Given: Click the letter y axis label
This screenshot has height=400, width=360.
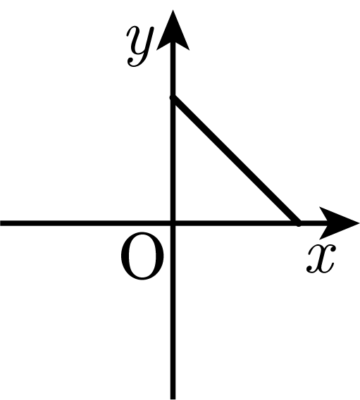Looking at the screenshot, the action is pos(139,46).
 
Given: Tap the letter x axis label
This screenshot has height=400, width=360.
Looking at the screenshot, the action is pos(321,258).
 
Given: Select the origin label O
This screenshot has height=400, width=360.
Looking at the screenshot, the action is pos(142,256).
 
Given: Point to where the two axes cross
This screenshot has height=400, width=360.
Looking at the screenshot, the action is pos(173,223).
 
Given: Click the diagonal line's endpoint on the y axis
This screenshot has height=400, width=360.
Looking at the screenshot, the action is pos(173,98).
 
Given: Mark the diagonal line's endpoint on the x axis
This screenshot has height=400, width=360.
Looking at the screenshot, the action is pos(298,223).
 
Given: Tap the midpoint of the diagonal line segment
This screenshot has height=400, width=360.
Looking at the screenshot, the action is pos(235,161).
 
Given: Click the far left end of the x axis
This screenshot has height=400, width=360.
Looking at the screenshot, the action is pos(1,223).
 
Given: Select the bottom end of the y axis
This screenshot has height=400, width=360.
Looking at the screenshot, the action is pos(173,399).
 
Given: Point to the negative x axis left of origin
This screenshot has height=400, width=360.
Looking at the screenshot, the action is pos(85,223).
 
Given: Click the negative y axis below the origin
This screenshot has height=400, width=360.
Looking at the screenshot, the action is pos(173,313).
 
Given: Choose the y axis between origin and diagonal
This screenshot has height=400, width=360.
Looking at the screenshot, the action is pos(173,161).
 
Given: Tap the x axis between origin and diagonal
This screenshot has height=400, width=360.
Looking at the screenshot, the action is pos(235,223).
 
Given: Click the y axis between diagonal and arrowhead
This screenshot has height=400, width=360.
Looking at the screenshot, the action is pos(173,73).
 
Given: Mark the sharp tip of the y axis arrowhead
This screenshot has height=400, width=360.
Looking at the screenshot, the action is pos(173,10).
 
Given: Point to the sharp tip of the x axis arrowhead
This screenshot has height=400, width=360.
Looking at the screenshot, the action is pos(359,223).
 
